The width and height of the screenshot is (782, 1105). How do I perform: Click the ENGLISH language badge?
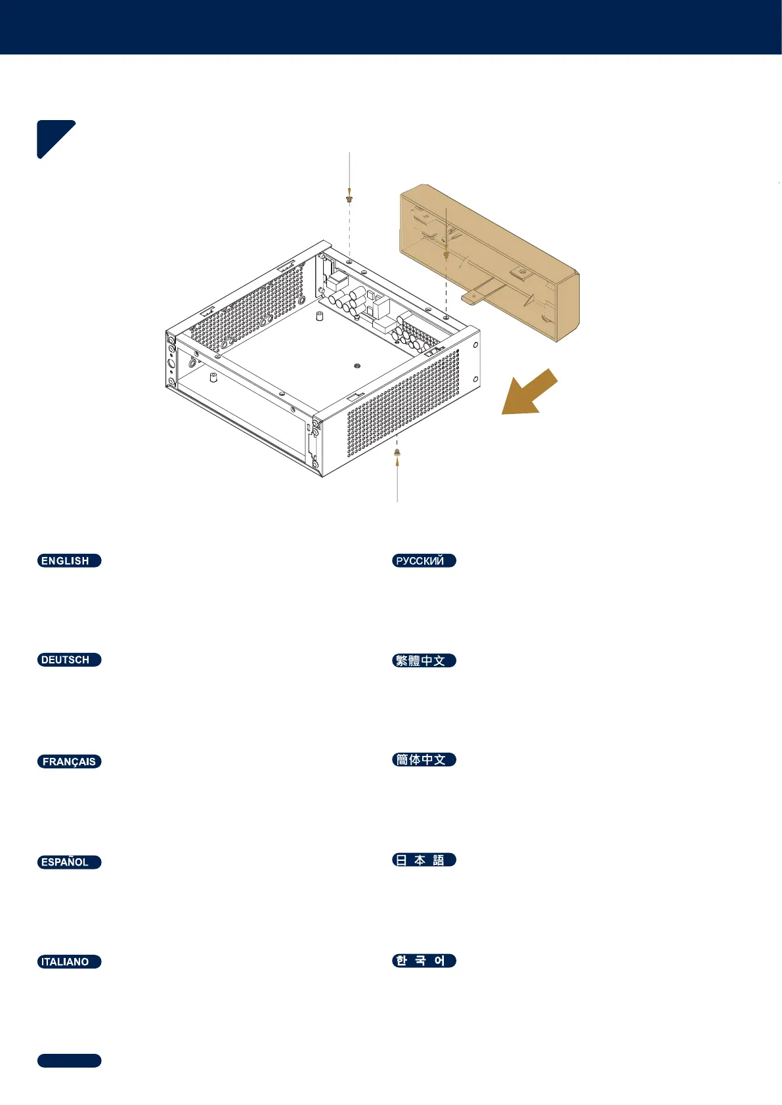click(69, 560)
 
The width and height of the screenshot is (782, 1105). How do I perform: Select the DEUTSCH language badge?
click(69, 660)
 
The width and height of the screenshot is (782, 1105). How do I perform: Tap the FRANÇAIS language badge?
click(69, 761)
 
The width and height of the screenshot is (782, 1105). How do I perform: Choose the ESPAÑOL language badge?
click(69, 862)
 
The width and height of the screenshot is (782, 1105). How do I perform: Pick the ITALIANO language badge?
click(69, 961)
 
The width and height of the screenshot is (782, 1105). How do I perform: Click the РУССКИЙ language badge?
click(424, 560)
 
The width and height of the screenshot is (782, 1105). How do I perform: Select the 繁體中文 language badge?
click(424, 660)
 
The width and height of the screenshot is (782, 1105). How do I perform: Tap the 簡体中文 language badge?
click(424, 759)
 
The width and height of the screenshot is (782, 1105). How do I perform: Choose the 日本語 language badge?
click(424, 860)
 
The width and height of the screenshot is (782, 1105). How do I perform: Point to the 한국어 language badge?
click(424, 961)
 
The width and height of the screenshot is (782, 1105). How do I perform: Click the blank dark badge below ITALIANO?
click(69, 1060)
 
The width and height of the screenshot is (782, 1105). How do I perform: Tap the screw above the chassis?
click(349, 198)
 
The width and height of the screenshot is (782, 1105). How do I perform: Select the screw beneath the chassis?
click(397, 452)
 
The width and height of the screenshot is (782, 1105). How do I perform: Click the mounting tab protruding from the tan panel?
click(477, 295)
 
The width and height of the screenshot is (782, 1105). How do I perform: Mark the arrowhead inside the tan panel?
click(446, 255)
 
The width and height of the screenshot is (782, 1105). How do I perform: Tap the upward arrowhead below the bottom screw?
click(397, 462)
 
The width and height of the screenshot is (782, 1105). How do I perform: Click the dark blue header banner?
click(391, 27)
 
